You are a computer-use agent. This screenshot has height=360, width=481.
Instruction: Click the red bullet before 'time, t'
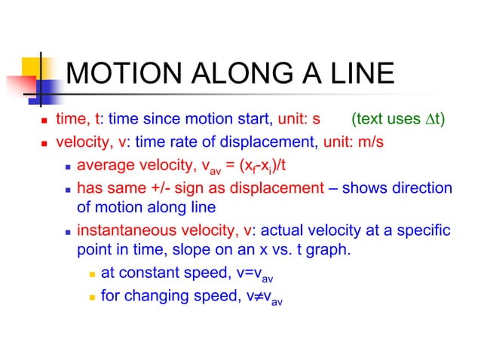point(44,120)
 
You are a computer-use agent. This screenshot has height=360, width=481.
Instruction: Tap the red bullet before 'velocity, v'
point(44,142)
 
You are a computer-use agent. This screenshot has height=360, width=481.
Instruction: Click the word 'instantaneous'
point(121,230)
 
